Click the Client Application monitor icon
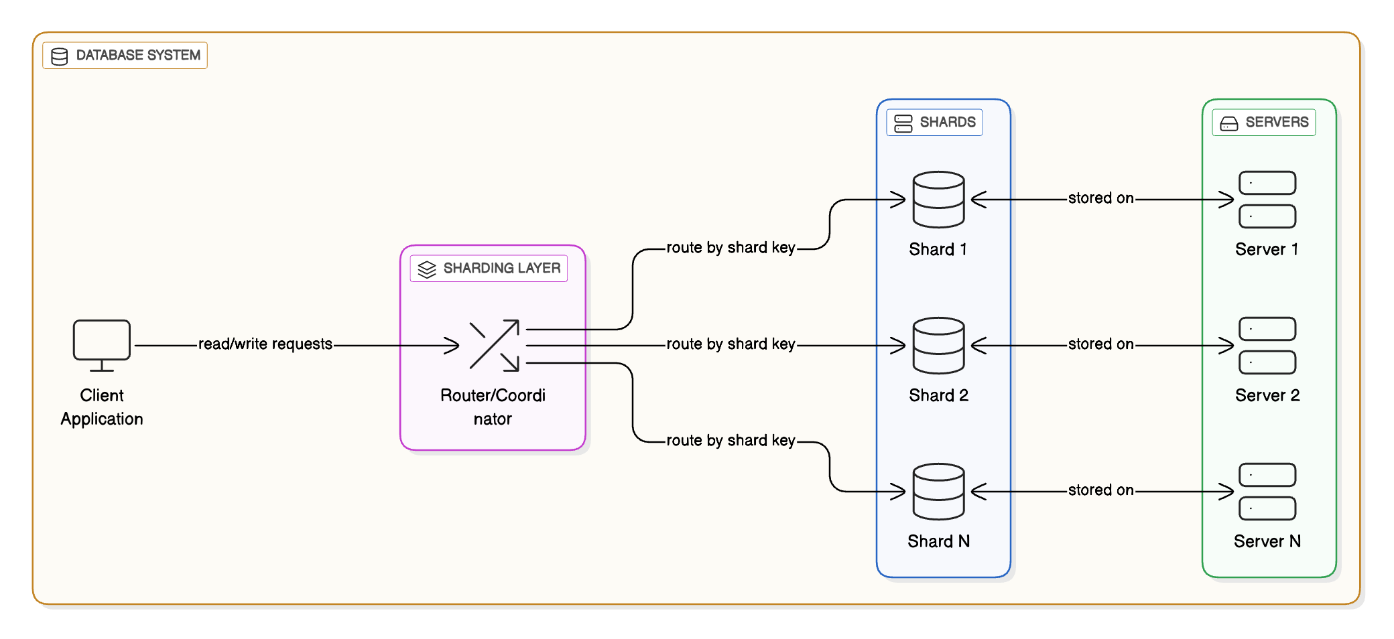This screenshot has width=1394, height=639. [101, 345]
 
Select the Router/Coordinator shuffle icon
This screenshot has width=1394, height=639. [494, 345]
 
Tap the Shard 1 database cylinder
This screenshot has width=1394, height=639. [938, 200]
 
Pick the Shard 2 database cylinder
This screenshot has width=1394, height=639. [938, 346]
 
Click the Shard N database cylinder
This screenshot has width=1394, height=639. [938, 492]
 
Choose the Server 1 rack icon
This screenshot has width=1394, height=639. [1267, 200]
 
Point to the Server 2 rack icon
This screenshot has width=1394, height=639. [1267, 346]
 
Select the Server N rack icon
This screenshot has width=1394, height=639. [1267, 492]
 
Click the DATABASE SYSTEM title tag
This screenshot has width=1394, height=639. [125, 56]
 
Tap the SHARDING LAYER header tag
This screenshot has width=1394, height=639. [489, 269]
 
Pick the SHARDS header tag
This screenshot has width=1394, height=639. [934, 123]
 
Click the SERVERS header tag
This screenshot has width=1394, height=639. [1263, 123]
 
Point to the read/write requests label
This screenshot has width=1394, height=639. [265, 344]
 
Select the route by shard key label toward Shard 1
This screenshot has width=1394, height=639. [731, 248]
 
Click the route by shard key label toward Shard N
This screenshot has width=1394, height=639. [731, 441]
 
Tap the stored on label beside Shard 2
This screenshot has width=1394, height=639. [1100, 344]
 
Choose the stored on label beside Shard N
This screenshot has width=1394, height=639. [1100, 490]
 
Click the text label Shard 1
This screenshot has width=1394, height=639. [938, 250]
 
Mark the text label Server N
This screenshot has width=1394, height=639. [1267, 542]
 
